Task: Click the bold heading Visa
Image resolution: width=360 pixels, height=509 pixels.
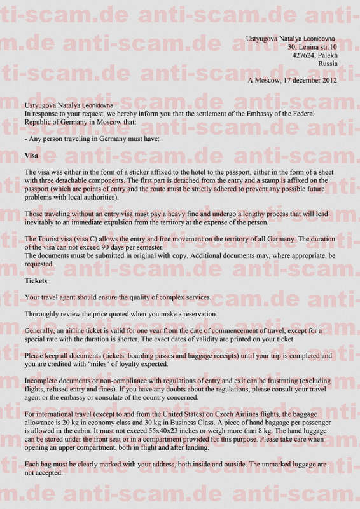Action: (31, 156)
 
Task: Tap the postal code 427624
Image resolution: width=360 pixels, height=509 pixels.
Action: (303, 55)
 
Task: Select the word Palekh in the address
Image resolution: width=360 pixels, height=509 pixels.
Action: (328, 55)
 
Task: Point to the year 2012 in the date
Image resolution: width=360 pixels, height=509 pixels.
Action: (329, 80)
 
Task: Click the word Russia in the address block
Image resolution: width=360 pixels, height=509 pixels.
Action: (328, 64)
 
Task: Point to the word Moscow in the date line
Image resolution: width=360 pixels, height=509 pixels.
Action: (268, 80)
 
